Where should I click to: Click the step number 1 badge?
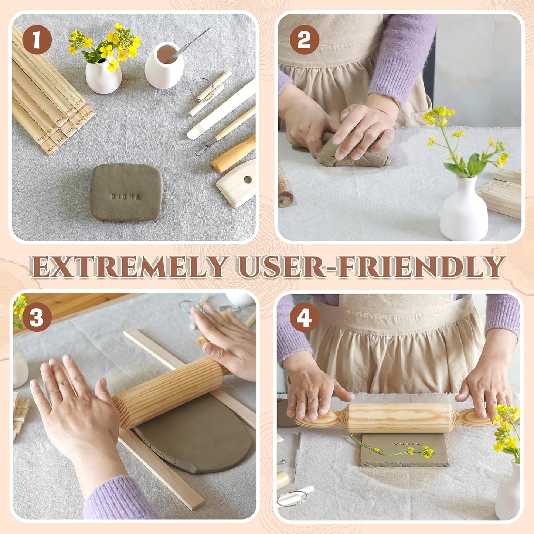(x=37, y=40)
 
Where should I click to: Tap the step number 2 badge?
(x=304, y=40)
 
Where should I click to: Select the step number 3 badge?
(x=37, y=317)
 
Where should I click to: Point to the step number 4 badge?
(x=304, y=317)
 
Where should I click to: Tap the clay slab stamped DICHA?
(x=126, y=192)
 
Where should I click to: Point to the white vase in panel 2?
(x=464, y=210)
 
